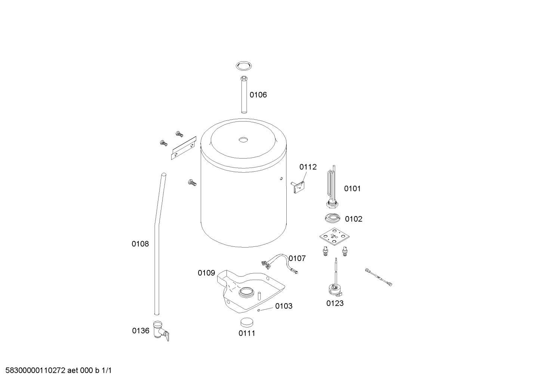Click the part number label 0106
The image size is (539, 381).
click(x=258, y=95)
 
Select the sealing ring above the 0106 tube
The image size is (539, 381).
click(x=244, y=66)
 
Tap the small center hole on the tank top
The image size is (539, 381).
click(x=244, y=140)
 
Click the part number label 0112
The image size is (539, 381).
click(x=308, y=167)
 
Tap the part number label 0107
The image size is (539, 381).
click(x=297, y=258)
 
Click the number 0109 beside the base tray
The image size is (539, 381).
click(x=206, y=273)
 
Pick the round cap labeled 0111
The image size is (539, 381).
click(x=246, y=321)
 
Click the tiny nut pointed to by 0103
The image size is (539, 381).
click(x=258, y=310)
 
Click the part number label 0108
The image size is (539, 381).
click(x=140, y=244)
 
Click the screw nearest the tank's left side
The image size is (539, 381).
click(x=192, y=182)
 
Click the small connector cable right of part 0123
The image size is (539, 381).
click(x=379, y=277)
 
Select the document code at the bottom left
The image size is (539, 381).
click(x=56, y=371)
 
